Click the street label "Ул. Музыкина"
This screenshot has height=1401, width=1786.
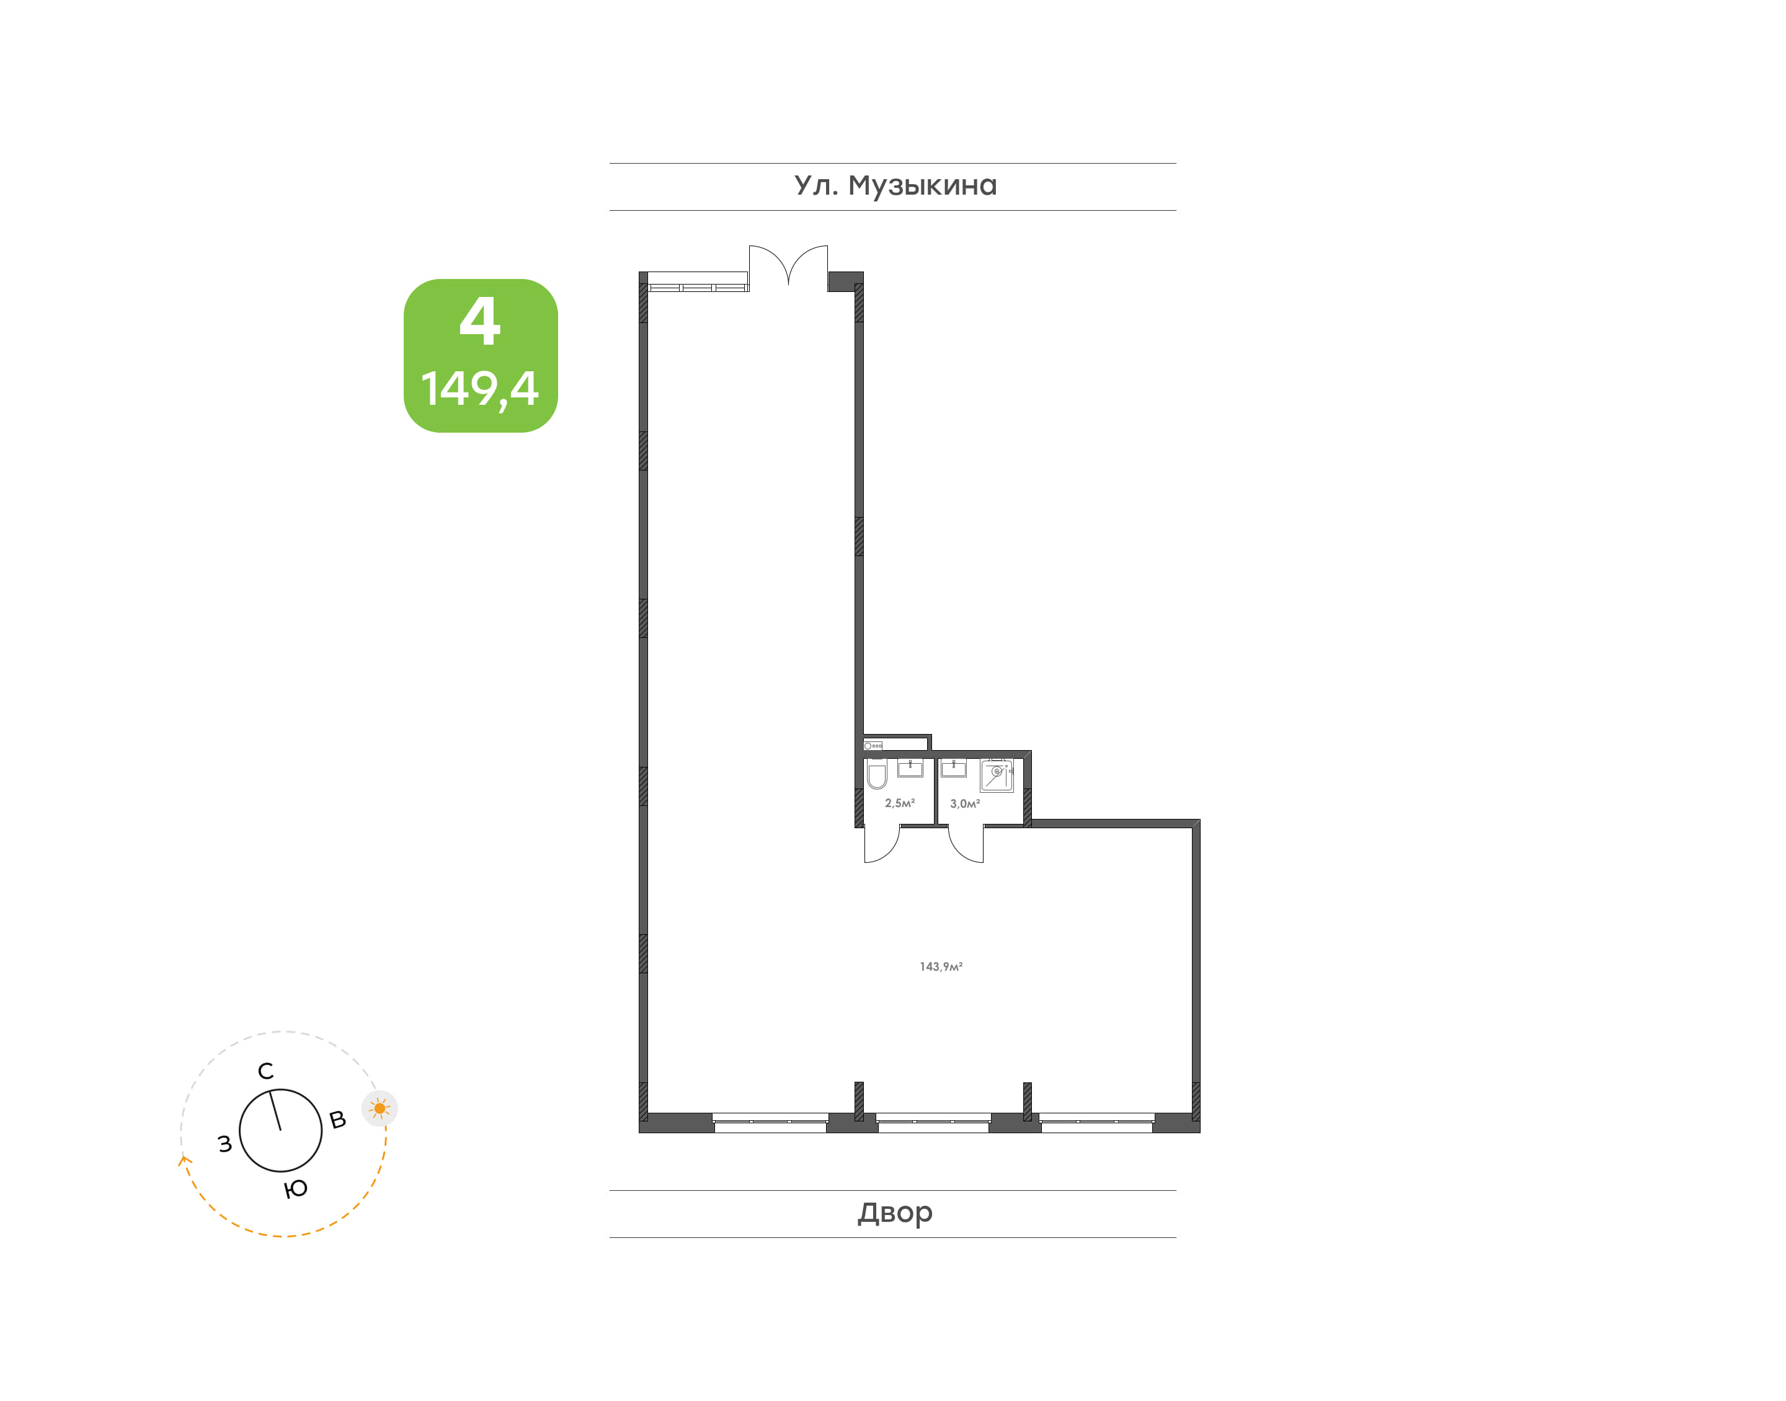tap(895, 186)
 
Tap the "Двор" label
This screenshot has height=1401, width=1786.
tap(895, 1213)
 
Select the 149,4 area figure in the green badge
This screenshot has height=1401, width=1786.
tap(480, 389)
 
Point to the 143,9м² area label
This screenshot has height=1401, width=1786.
tap(941, 967)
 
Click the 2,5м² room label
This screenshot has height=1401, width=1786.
tap(899, 803)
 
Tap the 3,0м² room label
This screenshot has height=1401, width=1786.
tap(965, 804)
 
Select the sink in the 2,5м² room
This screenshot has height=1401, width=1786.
tap(910, 768)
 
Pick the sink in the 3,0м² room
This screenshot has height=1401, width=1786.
tap(953, 768)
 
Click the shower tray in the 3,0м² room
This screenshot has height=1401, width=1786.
tap(997, 775)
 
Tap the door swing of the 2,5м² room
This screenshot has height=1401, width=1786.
tap(882, 845)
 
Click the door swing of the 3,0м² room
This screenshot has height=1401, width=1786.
tap(966, 845)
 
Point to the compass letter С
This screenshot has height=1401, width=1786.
tap(266, 1071)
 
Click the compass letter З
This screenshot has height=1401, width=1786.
tap(224, 1144)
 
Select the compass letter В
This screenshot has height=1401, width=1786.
tap(337, 1120)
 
